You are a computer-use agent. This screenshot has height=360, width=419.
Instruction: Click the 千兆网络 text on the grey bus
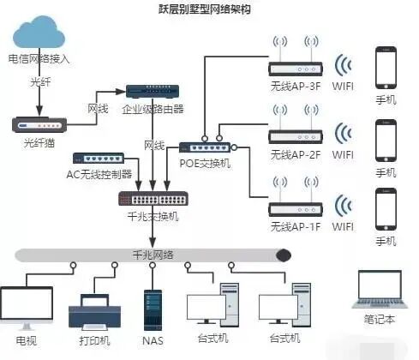[x=153, y=255]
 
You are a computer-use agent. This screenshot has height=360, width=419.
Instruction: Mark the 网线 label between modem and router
[x=99, y=109]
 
